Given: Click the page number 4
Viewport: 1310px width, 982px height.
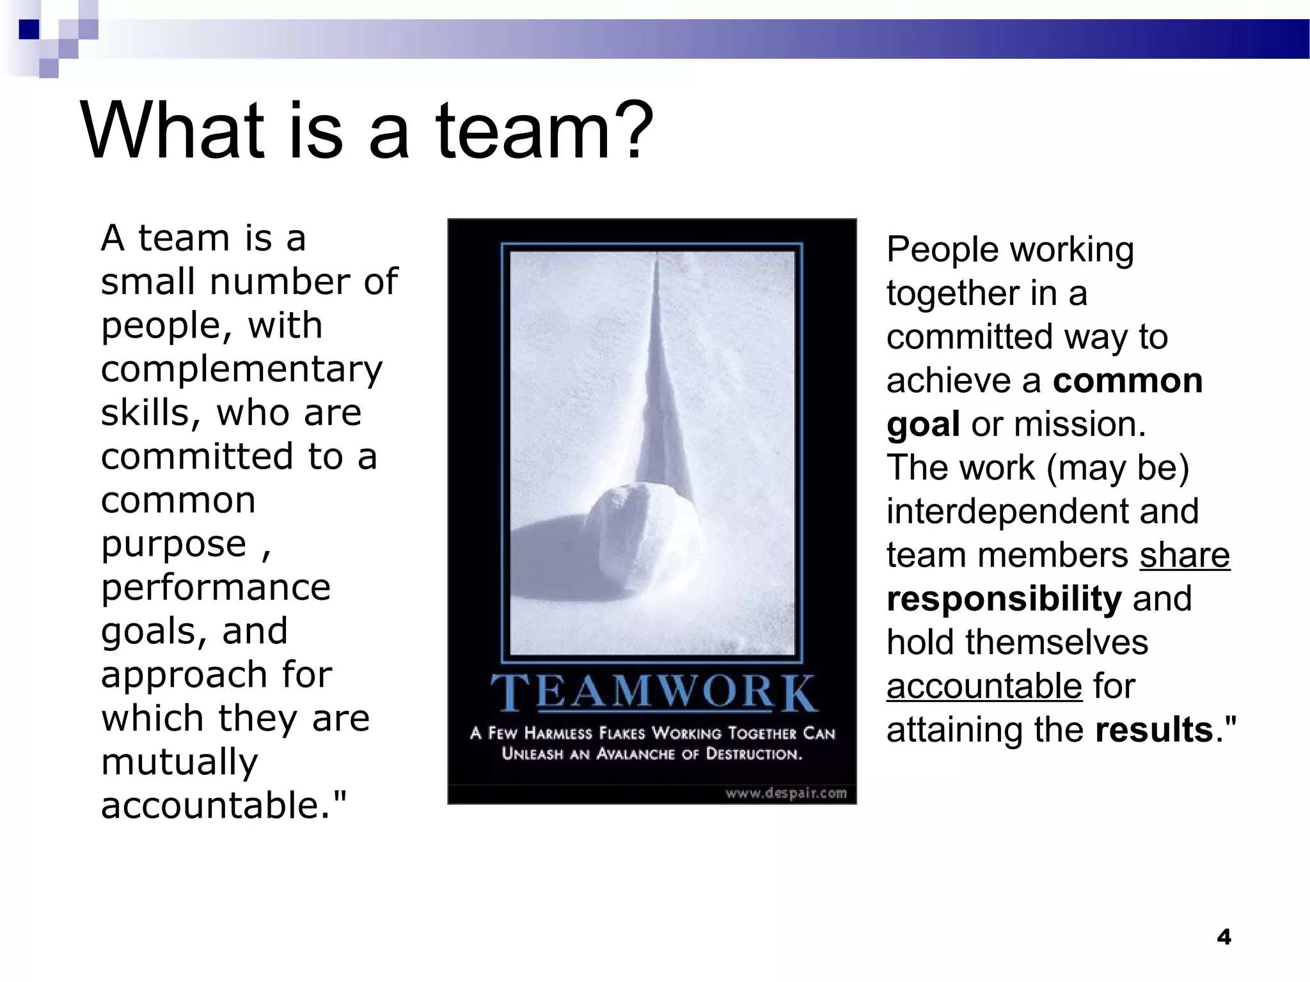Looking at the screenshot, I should (x=1224, y=937).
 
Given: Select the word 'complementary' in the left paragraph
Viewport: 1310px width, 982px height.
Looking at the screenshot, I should (x=242, y=370).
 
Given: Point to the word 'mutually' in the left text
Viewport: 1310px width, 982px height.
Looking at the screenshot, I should (x=180, y=763).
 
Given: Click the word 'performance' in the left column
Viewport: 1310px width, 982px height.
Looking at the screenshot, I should (x=216, y=588).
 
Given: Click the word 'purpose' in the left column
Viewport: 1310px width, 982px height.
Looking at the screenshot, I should (x=173, y=545).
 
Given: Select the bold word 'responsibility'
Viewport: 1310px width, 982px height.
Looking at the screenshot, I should (x=1004, y=599).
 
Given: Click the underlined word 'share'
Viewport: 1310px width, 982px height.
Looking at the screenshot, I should (x=1185, y=555).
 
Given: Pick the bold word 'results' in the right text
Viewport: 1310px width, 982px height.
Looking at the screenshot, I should (x=1154, y=730).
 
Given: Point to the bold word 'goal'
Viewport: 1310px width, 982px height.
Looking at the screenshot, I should (x=923, y=425).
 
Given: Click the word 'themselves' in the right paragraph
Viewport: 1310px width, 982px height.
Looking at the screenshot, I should (x=1057, y=643).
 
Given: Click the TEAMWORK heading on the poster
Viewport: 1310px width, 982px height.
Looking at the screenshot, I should (x=653, y=692).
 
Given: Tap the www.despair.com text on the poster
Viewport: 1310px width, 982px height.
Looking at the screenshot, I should (x=785, y=793).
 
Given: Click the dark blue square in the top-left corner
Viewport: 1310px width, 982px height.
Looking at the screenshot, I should (x=29, y=29).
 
